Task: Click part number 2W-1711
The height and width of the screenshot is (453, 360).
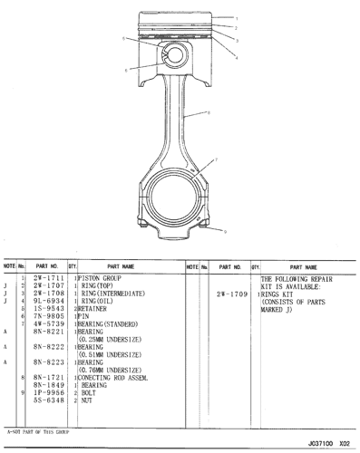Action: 47,277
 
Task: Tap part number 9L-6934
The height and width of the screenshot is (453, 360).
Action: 47,301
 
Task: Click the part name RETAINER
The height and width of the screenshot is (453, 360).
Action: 94,308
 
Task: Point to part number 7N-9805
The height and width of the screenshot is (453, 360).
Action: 47,316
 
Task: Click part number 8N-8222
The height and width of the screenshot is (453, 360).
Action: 47,347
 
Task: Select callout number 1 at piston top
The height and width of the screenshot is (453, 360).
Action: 237,18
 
